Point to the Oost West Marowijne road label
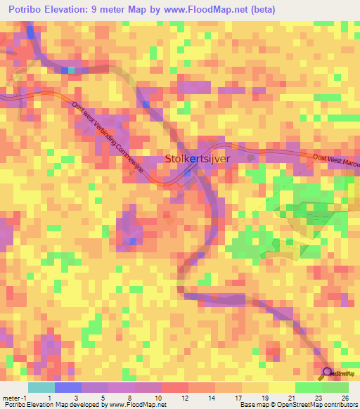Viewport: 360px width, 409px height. coord(335,161)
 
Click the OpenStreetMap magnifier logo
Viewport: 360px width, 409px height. coord(327,372)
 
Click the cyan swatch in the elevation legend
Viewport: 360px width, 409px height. coord(41,387)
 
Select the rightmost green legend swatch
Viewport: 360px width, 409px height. coord(335,387)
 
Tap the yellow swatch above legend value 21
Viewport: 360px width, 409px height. coord(282,387)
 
